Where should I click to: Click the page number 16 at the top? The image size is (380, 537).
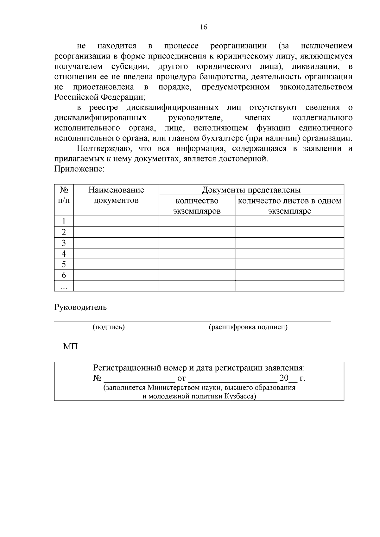click(x=204, y=27)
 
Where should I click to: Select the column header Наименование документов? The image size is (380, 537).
click(x=116, y=195)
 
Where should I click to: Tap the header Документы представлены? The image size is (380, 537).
click(x=251, y=190)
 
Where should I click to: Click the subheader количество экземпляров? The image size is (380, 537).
click(x=197, y=206)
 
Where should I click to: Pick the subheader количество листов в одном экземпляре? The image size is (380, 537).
click(x=289, y=206)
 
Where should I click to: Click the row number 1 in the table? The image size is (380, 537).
click(x=64, y=221)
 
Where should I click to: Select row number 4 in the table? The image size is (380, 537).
click(x=64, y=254)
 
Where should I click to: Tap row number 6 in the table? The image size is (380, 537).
click(x=64, y=275)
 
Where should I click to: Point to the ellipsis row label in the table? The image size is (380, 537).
click(x=64, y=287)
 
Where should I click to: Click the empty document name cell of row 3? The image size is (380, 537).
click(x=116, y=243)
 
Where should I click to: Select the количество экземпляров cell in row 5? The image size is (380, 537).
click(x=197, y=265)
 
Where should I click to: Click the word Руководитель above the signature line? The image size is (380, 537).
click(x=80, y=307)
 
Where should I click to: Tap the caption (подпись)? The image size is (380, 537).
click(x=109, y=327)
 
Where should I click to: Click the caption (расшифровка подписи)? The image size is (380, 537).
click(x=248, y=327)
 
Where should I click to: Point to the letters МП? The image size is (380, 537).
click(x=70, y=347)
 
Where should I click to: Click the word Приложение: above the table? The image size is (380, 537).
click(x=79, y=169)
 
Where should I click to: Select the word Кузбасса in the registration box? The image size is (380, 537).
click(x=240, y=396)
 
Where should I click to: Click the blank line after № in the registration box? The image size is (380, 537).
click(x=139, y=378)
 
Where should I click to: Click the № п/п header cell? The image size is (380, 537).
click(x=64, y=195)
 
